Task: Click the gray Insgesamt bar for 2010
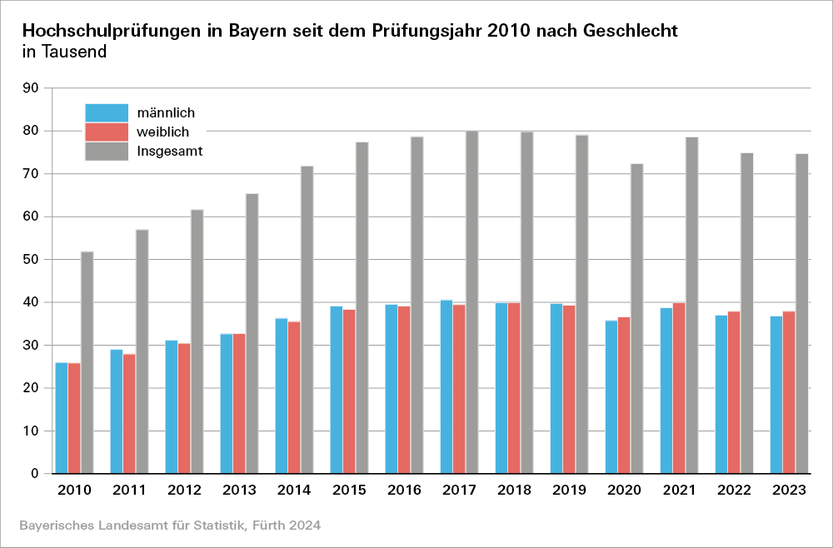pyautogui.click(x=87, y=362)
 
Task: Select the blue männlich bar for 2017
pyautogui.click(x=446, y=386)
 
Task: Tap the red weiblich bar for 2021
pyautogui.click(x=680, y=388)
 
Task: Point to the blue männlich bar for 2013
pyautogui.click(x=227, y=403)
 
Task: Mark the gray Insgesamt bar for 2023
pyautogui.click(x=801, y=313)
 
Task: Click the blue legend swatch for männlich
pyautogui.click(x=107, y=112)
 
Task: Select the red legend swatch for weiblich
pyautogui.click(x=107, y=132)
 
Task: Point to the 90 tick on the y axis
pyautogui.click(x=31, y=87)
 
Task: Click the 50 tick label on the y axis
pyautogui.click(x=31, y=259)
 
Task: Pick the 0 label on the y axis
pyautogui.click(x=35, y=474)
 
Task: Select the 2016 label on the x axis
pyautogui.click(x=404, y=491)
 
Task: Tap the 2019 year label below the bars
pyautogui.click(x=569, y=491)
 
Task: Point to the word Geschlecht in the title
pyautogui.click(x=631, y=32)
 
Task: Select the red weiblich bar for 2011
pyautogui.click(x=129, y=413)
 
